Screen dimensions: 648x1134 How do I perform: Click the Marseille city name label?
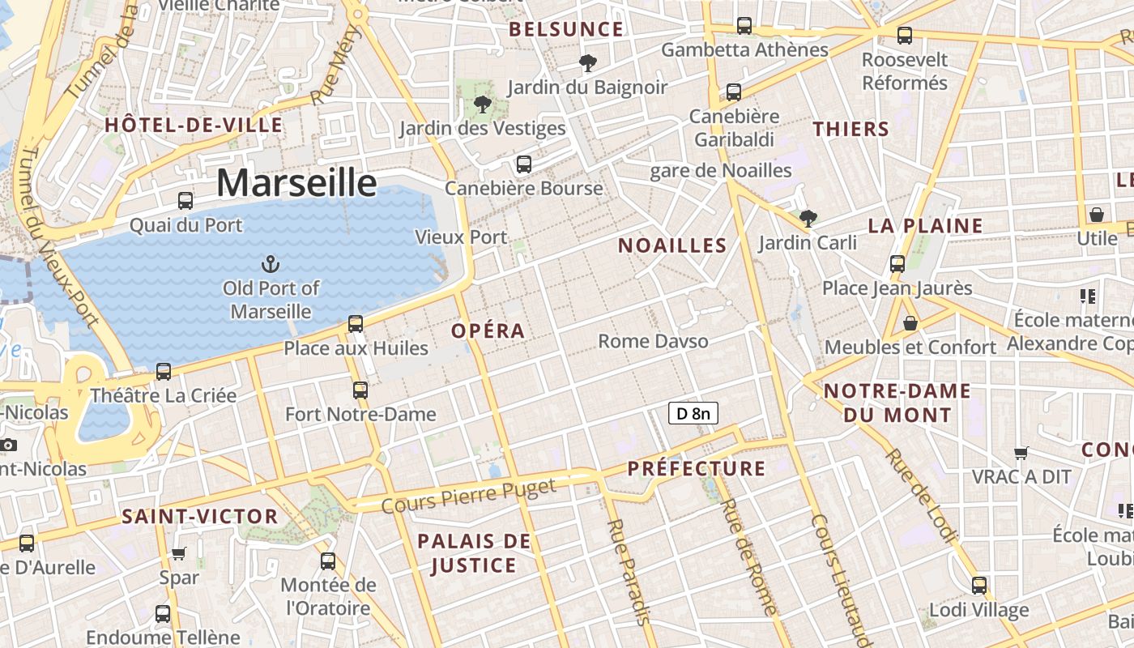tap(296, 183)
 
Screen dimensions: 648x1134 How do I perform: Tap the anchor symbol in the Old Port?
tap(271, 263)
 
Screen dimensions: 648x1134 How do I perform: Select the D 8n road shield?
tap(693, 414)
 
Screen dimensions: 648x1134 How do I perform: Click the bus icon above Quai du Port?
tap(185, 200)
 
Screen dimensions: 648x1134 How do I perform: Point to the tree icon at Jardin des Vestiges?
tap(483, 104)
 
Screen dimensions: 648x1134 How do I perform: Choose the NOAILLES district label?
tap(672, 246)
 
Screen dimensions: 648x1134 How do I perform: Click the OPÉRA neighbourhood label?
tap(488, 330)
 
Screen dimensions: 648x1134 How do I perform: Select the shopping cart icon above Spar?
tap(179, 553)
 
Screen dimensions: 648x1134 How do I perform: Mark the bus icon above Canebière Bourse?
tap(524, 164)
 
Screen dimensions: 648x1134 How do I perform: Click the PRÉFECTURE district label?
tap(697, 468)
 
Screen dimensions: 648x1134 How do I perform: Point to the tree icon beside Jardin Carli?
tap(808, 217)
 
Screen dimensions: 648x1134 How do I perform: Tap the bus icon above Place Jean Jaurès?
tap(897, 263)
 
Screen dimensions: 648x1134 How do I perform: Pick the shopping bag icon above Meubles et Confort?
tap(910, 322)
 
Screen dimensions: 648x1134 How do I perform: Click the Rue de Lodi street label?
tap(920, 494)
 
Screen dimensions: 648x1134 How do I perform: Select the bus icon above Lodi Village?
tap(979, 585)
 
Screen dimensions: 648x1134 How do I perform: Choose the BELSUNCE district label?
tap(566, 30)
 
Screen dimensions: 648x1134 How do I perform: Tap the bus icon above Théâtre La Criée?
tap(164, 371)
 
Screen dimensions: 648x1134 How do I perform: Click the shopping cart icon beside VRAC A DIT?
tap(1022, 453)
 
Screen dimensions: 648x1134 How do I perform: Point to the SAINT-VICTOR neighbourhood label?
tap(199, 517)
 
